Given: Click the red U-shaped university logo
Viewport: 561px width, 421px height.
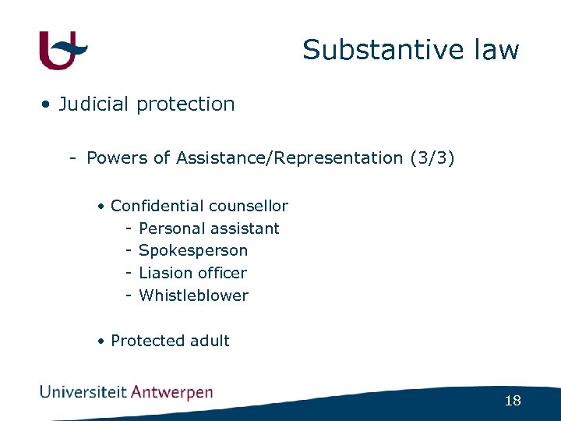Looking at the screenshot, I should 62,51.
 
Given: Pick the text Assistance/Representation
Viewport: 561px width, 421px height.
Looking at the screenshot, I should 289,158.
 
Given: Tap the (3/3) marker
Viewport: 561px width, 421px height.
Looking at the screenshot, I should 432,158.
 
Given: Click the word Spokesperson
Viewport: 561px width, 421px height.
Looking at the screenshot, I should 193,251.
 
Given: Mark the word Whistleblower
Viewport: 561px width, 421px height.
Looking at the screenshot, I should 193,295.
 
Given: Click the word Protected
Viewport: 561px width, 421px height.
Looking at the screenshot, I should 147,341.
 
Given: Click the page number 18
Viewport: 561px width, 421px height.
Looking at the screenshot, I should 512,401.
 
